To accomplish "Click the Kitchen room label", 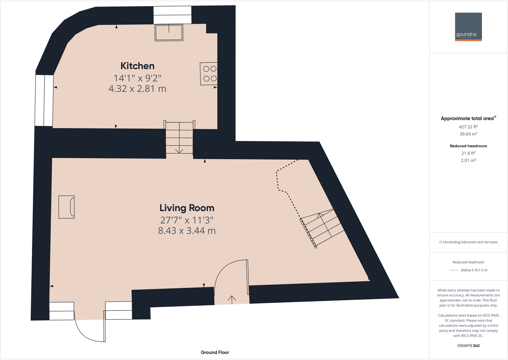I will click(137, 66).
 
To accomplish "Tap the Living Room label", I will click(187, 208).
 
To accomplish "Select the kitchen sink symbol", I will click(169, 33).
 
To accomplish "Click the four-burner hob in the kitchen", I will click(210, 74).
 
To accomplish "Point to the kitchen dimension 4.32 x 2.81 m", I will click(137, 88).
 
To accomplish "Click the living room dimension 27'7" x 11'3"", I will click(187, 220).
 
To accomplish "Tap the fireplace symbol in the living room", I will click(67, 207).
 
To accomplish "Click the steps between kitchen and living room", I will click(179, 139).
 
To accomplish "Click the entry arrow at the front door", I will click(232, 299).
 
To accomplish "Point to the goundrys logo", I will click(468, 27).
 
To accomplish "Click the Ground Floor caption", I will click(215, 352).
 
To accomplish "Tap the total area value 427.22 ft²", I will click(468, 127).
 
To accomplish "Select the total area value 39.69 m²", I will click(468, 134).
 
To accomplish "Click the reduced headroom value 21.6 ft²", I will click(468, 153).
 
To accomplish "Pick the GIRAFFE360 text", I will click(468, 346).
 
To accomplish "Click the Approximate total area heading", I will click(467, 119).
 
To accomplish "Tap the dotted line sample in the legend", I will click(454, 270).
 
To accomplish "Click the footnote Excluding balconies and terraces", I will click(468, 242).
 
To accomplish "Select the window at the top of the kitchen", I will click(173, 15).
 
